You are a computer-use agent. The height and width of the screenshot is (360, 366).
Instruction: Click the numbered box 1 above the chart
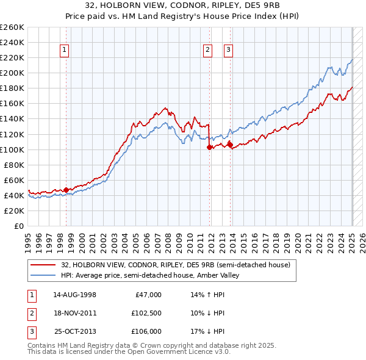coord(64,51)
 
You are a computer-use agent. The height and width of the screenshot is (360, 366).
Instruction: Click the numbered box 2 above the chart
coord(208,51)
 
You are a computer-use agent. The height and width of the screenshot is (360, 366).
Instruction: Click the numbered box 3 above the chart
coord(228,51)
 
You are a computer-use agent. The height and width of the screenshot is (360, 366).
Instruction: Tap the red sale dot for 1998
coord(66,190)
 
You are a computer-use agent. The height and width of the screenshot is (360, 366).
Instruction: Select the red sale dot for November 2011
coord(209,147)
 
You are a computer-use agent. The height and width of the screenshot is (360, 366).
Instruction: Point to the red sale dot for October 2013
coord(230,145)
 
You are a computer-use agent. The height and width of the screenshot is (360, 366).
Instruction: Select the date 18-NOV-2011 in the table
coord(75,313)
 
